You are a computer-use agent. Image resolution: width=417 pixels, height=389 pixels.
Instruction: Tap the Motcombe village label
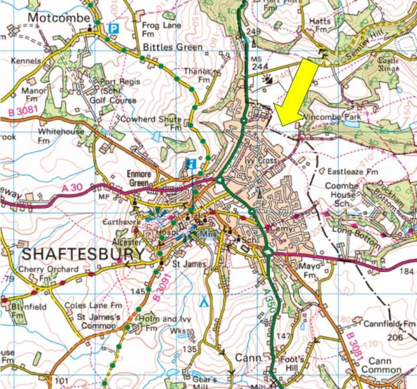(59, 18)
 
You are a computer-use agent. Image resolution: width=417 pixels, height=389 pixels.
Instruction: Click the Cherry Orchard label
(48, 269)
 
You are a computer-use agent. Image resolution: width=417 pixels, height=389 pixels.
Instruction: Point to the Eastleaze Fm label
(353, 172)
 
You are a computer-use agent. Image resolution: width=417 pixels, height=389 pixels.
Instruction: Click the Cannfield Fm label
(389, 324)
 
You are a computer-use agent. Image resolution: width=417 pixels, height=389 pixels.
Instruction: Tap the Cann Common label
(381, 365)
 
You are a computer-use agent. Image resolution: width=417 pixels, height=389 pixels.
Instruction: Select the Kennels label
(26, 61)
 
